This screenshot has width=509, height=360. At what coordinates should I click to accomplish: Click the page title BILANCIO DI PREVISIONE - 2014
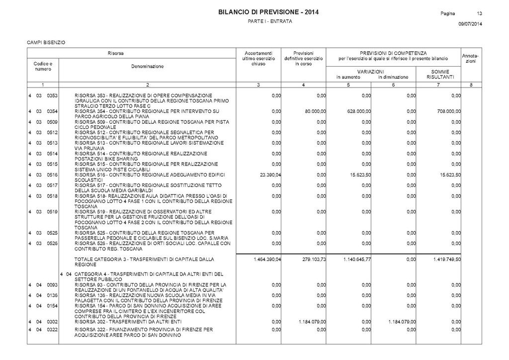[268, 12]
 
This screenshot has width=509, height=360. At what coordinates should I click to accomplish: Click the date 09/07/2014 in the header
[470, 24]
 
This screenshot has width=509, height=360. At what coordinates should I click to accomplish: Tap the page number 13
[480, 12]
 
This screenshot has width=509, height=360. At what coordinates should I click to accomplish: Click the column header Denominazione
[147, 66]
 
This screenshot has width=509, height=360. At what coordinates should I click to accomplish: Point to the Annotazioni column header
[469, 58]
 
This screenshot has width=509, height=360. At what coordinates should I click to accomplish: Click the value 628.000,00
[359, 111]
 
